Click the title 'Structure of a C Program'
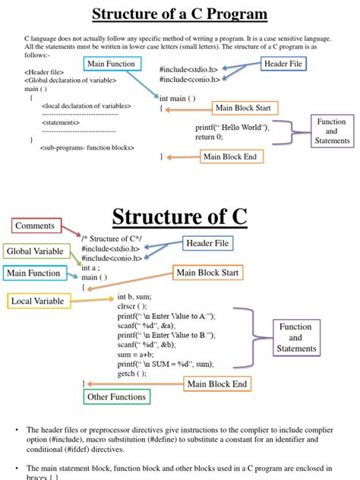(180, 14)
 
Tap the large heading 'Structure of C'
(179, 217)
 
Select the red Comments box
(35, 226)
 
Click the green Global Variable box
(36, 251)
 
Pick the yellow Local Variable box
(36, 302)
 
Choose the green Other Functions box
(116, 396)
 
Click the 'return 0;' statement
(210, 137)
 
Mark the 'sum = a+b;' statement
(137, 354)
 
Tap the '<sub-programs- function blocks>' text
(87, 148)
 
